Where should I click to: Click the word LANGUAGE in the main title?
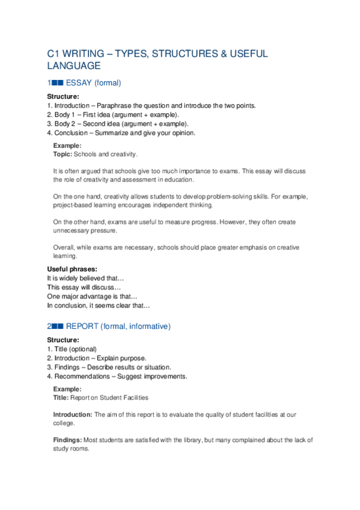74,66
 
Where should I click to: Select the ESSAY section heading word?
79,83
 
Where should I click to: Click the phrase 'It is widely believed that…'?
85,278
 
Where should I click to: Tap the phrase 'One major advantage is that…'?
92,296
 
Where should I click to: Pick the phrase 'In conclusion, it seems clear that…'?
99,306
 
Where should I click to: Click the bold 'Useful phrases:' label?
72,269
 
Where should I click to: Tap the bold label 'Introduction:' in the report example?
73,414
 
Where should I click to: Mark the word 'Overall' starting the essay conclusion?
64,248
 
